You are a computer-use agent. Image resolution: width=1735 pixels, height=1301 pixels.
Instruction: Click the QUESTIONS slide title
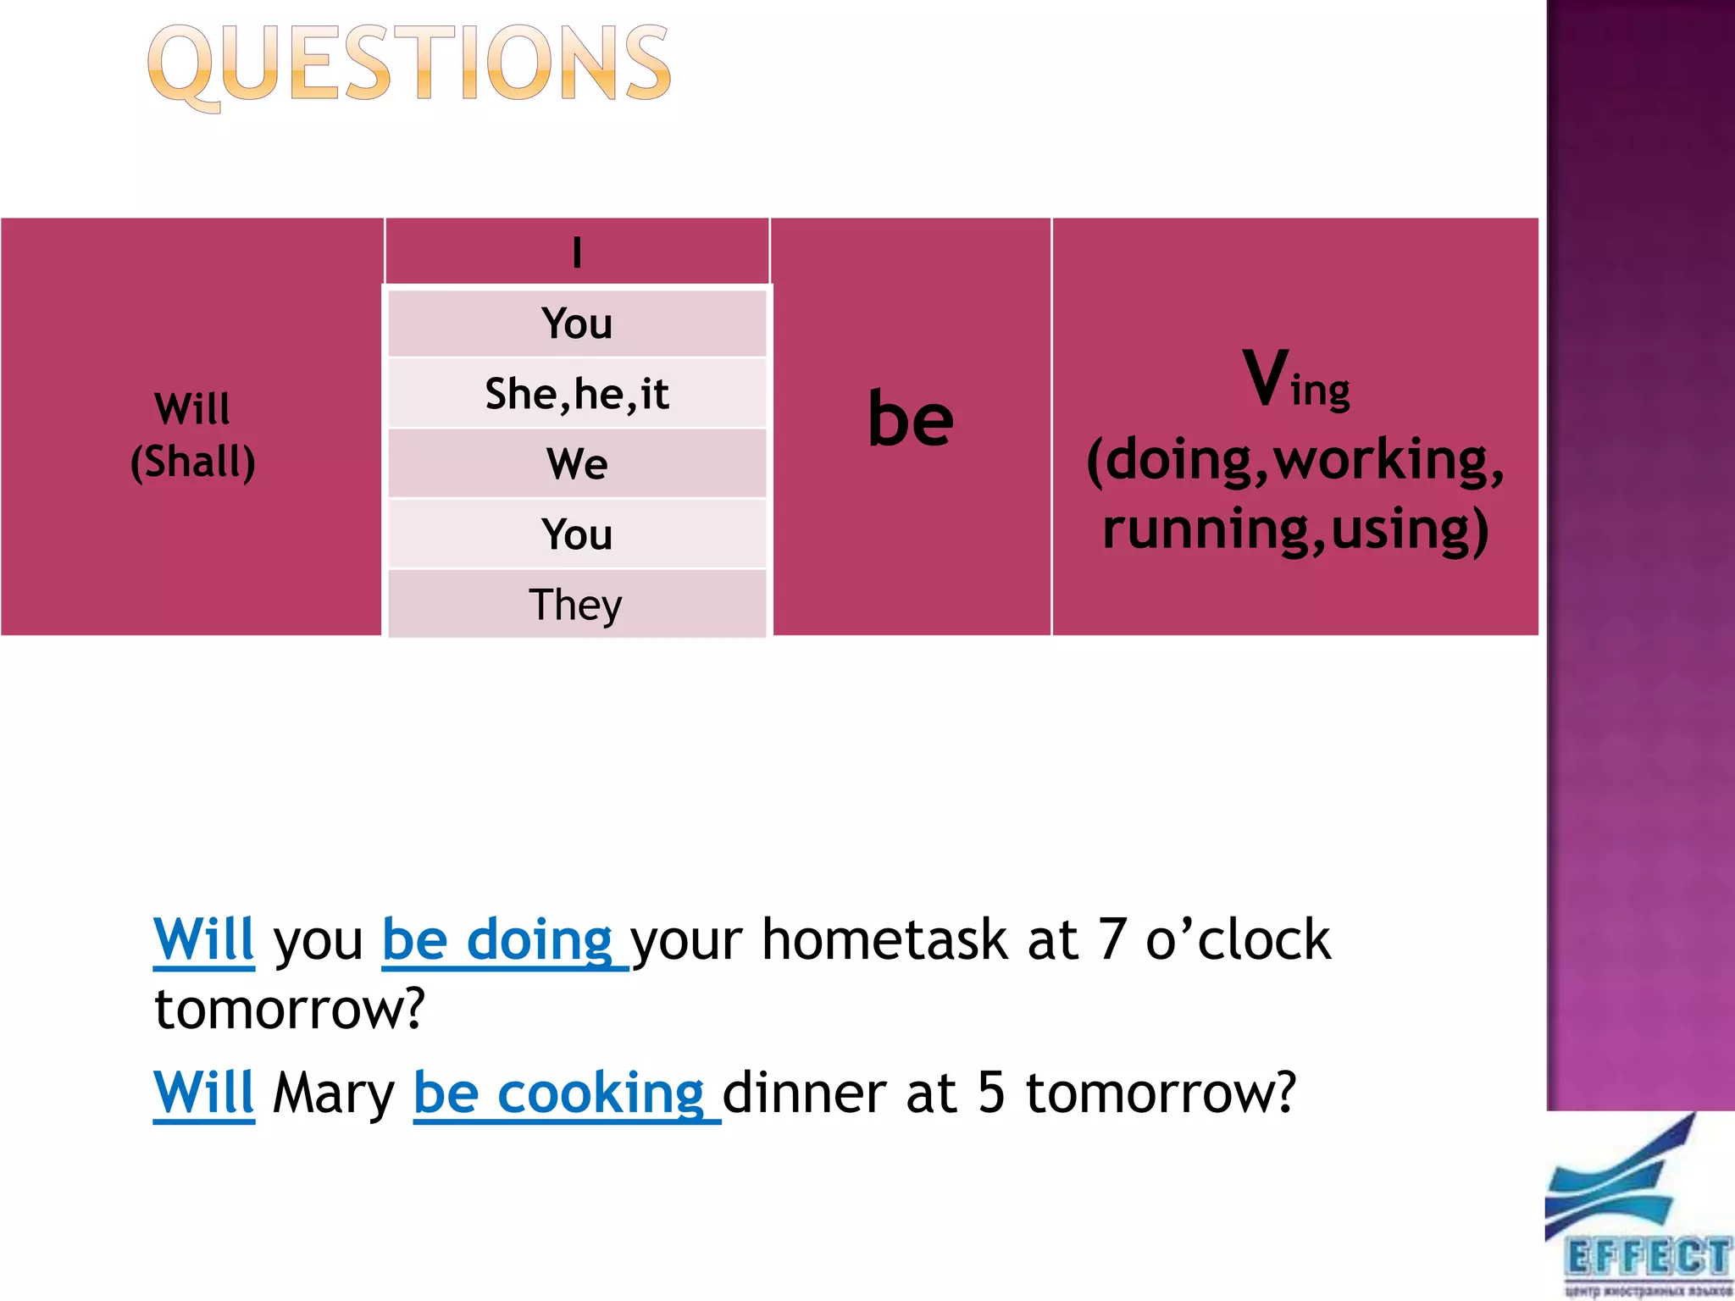[x=409, y=65]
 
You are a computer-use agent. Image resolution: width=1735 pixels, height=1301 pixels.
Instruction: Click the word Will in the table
[x=192, y=409]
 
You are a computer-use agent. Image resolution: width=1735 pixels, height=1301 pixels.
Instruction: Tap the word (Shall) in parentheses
[x=192, y=462]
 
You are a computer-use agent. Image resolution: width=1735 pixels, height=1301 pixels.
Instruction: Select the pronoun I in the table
[x=577, y=252]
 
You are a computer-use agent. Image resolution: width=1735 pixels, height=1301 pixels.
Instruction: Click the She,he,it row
[x=577, y=394]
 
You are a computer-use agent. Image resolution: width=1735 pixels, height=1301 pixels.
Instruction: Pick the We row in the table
[x=577, y=464]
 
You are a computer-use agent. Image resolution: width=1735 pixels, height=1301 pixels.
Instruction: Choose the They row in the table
[x=576, y=605]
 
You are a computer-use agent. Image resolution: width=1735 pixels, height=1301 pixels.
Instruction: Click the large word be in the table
[x=911, y=419]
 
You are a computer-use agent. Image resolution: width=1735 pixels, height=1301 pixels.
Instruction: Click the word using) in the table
[x=1409, y=529]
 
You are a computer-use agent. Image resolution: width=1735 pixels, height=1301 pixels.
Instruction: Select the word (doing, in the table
[x=1177, y=460]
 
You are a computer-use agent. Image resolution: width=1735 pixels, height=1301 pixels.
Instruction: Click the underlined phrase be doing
[x=498, y=940]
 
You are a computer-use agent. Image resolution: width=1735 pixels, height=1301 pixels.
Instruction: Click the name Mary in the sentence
[x=334, y=1093]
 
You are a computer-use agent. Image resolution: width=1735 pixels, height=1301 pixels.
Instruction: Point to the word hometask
[x=884, y=940]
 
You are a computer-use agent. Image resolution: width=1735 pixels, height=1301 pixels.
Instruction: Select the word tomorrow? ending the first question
[x=289, y=1010]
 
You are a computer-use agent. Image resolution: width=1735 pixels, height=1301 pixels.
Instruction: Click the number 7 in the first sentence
[x=1111, y=940]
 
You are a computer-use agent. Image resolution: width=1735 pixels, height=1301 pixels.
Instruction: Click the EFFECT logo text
[x=1647, y=1257]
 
